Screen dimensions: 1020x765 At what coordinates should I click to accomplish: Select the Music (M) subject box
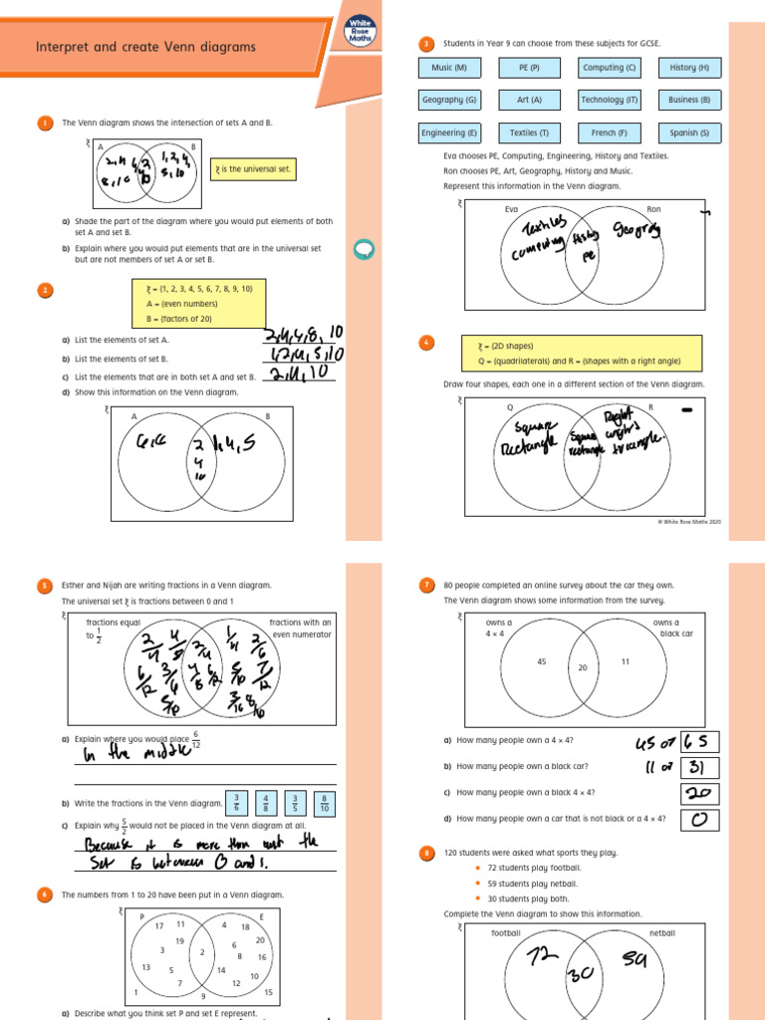449,68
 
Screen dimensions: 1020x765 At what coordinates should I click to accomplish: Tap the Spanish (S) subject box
689,132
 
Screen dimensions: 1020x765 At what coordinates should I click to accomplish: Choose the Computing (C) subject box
610,68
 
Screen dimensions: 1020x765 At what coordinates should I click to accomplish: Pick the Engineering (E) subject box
449,132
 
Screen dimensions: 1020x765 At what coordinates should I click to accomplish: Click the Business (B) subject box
689,100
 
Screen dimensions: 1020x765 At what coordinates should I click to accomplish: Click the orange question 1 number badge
45,124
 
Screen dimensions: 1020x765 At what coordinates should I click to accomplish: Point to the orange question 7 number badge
427,586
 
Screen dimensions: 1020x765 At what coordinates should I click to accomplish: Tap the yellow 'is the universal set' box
254,169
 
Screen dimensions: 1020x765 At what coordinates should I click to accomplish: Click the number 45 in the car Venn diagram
542,661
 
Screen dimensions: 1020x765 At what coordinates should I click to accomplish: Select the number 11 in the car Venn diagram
625,661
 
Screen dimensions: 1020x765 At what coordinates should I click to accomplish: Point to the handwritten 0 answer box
699,819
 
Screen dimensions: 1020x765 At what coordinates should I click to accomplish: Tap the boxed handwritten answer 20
699,793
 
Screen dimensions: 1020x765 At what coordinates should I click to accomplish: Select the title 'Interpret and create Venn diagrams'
145,47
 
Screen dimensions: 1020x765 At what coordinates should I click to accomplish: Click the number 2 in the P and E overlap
201,952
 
